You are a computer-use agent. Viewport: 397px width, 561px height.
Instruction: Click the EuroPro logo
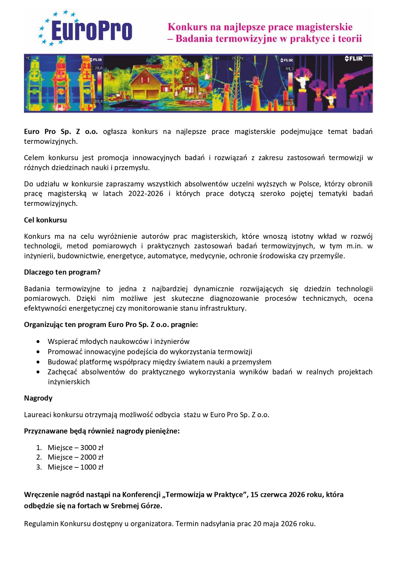coord(86,29)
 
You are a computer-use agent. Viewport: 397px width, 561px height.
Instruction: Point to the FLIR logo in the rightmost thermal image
coord(354,59)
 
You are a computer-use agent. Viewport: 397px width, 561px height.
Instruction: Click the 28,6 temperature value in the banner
coord(98,68)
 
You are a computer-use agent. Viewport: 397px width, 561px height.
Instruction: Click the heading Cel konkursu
coord(45,220)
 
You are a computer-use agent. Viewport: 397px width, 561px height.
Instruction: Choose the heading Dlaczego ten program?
coord(62,272)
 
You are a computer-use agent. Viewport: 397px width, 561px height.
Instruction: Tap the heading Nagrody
coord(38,398)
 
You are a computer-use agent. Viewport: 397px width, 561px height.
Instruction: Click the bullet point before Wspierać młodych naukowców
coord(38,342)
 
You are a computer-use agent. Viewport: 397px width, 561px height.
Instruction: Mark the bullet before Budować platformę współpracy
coord(38,362)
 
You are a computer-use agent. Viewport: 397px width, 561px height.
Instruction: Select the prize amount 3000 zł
coord(92,448)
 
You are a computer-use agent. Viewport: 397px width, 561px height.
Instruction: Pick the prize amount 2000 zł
coord(92,458)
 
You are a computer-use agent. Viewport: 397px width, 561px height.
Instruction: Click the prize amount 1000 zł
coord(92,467)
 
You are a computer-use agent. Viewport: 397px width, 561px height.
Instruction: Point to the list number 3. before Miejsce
coord(39,467)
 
